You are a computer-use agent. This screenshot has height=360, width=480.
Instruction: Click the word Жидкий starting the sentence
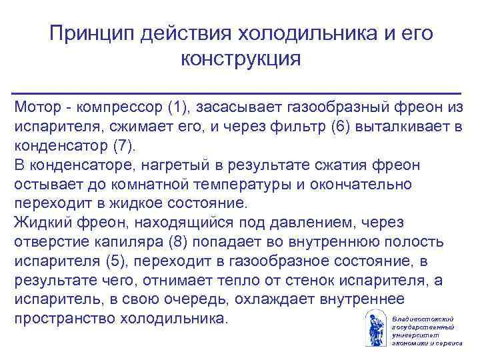click(x=39, y=221)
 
